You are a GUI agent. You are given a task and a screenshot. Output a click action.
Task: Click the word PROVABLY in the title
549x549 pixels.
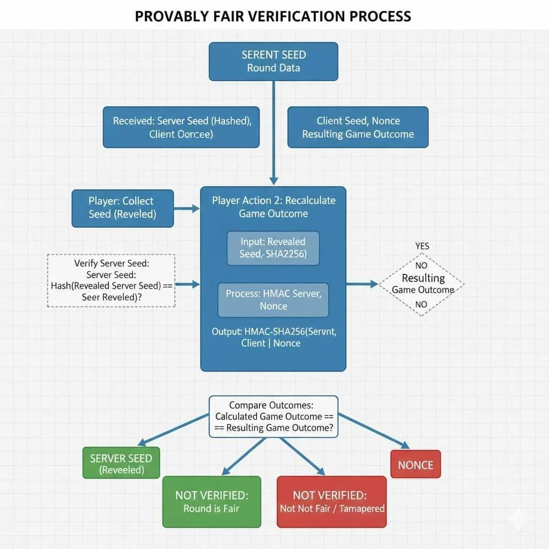[171, 16]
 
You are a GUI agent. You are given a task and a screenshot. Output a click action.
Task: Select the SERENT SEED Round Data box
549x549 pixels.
[273, 62]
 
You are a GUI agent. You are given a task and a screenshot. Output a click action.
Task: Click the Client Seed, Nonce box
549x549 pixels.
[358, 127]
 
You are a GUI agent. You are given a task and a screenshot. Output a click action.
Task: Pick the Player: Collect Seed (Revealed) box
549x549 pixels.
[123, 208]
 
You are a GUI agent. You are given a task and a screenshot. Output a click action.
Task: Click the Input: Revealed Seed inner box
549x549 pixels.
[273, 248]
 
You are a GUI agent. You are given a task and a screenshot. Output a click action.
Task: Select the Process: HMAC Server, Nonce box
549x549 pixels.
[273, 300]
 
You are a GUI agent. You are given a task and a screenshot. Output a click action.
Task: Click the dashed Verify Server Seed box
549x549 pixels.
[112, 280]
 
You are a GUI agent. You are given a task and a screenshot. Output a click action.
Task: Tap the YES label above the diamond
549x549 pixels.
[422, 246]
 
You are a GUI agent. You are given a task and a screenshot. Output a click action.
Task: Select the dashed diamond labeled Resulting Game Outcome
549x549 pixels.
[422, 284]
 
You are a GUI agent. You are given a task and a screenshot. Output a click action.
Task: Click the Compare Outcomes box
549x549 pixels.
[273, 417]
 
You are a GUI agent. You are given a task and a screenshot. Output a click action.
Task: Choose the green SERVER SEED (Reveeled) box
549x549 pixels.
[121, 464]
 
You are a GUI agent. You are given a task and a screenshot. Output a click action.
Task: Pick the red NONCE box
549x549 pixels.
[416, 464]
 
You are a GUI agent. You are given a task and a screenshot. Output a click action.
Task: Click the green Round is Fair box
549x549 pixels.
[211, 502]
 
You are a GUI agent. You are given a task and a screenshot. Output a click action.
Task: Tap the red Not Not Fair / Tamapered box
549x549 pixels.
[332, 502]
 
